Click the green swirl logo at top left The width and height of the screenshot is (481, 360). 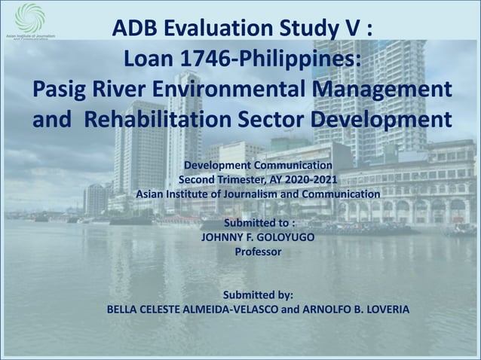pos(30,17)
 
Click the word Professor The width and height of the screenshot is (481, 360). pos(259,252)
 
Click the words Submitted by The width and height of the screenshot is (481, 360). pos(259,294)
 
